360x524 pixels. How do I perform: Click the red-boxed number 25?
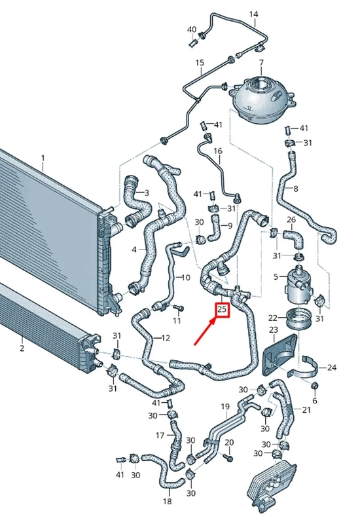tap(222, 310)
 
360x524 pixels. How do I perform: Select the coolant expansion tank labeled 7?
tap(262, 100)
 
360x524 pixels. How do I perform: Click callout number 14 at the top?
tap(253, 14)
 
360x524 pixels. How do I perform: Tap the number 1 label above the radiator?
tap(43, 157)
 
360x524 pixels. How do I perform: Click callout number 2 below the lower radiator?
tap(22, 348)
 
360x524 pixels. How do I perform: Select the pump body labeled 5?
tap(298, 283)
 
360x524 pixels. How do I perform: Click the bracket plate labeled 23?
tap(279, 355)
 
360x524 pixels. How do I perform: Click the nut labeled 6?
tap(315, 386)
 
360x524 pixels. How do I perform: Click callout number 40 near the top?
tap(192, 29)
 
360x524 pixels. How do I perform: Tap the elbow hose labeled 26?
tap(293, 238)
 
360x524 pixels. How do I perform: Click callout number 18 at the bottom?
tap(168, 501)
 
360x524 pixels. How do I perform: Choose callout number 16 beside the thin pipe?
tap(218, 151)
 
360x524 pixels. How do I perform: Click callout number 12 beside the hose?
tap(166, 338)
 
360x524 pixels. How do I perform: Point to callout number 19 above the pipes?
tap(225, 406)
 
